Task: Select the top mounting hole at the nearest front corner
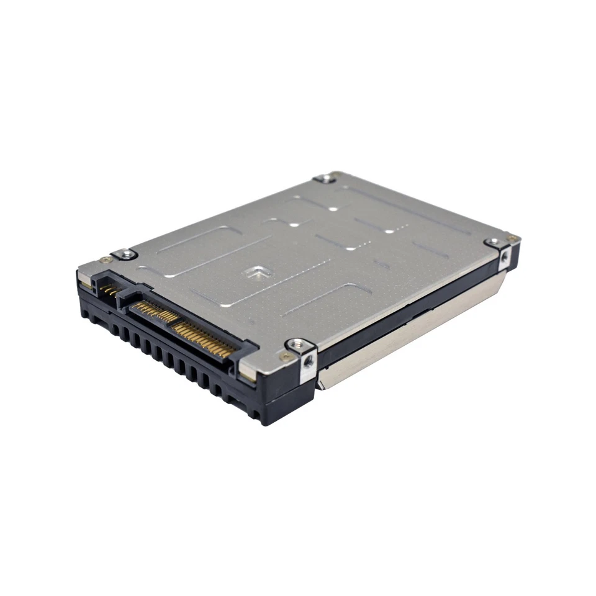[296, 344]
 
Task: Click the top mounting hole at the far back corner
[325, 179]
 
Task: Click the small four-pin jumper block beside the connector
[109, 288]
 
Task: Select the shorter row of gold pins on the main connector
[148, 308]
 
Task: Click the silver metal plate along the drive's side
[410, 341]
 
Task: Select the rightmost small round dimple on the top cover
[389, 231]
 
